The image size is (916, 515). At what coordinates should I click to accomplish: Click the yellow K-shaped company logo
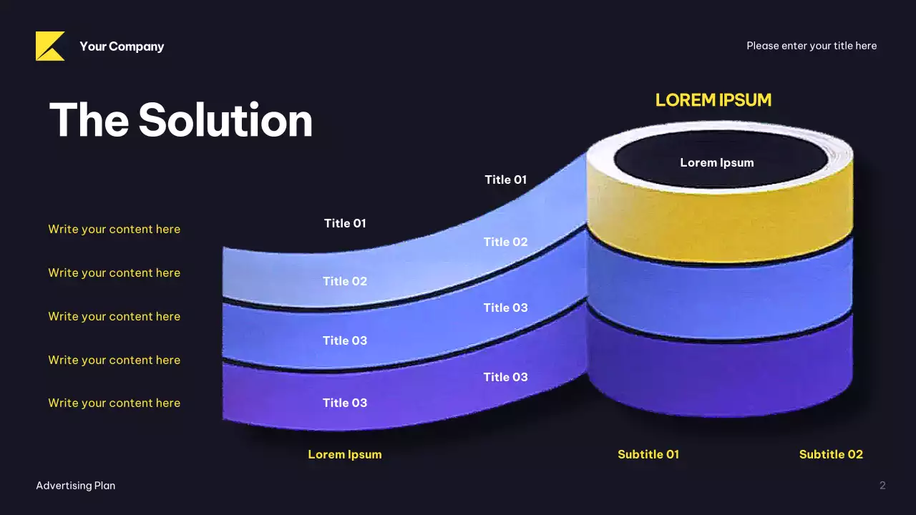coord(49,46)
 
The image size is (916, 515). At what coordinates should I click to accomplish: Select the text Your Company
coord(122,46)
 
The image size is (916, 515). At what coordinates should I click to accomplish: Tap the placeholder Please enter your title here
coord(812,46)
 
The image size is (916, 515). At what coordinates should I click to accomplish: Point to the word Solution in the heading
coord(225,119)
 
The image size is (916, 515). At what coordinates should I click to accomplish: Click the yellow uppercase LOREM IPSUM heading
coord(713,100)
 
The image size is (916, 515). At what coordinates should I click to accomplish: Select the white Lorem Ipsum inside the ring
coord(716,162)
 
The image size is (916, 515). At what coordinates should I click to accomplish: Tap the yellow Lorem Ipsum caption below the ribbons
coord(344,454)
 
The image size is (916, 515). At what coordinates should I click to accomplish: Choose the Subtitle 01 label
coord(648,454)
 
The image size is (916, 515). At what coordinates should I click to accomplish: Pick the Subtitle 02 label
coord(831,454)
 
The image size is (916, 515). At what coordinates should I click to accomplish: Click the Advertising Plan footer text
coord(76,486)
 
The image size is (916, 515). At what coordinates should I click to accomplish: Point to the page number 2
coord(882,486)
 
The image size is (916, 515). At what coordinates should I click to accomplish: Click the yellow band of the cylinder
coord(719,222)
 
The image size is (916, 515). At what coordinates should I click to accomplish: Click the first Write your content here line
coord(114,229)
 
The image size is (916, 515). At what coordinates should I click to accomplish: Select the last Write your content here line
coord(114,403)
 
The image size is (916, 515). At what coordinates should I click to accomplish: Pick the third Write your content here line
coord(114,316)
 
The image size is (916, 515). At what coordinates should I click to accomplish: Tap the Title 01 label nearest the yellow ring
coord(505,180)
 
